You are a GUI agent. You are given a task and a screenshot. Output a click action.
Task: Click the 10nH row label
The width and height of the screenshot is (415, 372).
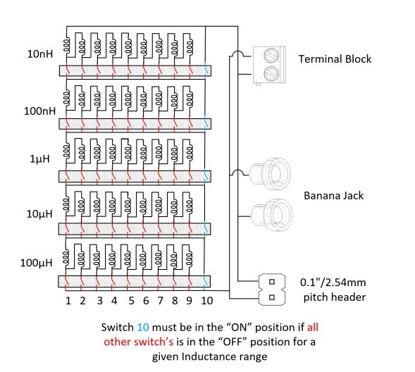click(40, 54)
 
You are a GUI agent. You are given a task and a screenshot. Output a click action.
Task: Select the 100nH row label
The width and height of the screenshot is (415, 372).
click(39, 111)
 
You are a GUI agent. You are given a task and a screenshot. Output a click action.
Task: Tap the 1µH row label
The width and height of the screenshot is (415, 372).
click(39, 159)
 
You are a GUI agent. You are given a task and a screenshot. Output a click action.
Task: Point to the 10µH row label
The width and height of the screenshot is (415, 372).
click(39, 213)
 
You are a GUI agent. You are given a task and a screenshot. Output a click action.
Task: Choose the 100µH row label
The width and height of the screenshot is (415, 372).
click(36, 263)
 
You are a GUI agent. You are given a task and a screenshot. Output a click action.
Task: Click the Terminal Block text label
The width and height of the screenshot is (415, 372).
click(335, 58)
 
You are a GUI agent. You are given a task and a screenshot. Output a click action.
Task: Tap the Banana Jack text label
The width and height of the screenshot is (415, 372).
click(333, 196)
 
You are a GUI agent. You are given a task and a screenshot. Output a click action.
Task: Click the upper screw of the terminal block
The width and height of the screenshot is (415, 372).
click(271, 55)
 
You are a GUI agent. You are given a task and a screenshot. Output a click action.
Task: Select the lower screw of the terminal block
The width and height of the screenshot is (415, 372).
click(271, 73)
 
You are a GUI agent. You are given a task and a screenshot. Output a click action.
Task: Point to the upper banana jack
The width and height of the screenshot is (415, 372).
click(270, 174)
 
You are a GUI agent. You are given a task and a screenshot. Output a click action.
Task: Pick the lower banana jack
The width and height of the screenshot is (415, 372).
click(271, 215)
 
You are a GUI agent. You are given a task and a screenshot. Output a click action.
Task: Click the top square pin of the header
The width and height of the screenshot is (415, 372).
click(272, 282)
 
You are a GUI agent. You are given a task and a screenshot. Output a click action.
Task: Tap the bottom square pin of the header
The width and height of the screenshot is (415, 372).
click(272, 297)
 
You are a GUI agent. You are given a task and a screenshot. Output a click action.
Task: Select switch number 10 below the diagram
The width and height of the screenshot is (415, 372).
click(206, 301)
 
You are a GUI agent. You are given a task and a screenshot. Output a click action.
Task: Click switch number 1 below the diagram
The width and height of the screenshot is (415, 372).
click(68, 301)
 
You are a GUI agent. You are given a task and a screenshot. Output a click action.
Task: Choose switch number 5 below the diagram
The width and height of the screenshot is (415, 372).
click(131, 301)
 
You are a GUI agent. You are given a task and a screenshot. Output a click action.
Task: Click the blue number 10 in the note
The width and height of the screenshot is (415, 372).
click(143, 328)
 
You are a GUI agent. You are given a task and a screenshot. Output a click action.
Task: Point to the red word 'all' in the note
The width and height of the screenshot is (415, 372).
click(313, 328)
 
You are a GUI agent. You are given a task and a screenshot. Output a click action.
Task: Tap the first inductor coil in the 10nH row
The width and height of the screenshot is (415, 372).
click(66, 45)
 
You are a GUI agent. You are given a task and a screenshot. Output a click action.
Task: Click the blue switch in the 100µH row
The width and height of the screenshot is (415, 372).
click(205, 280)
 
